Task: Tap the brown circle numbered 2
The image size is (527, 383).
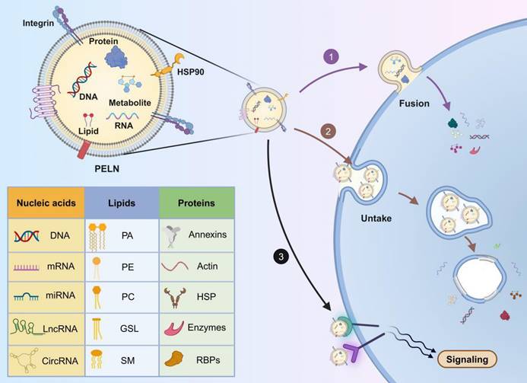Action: click(x=328, y=131)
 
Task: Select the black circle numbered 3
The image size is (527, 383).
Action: click(x=281, y=257)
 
